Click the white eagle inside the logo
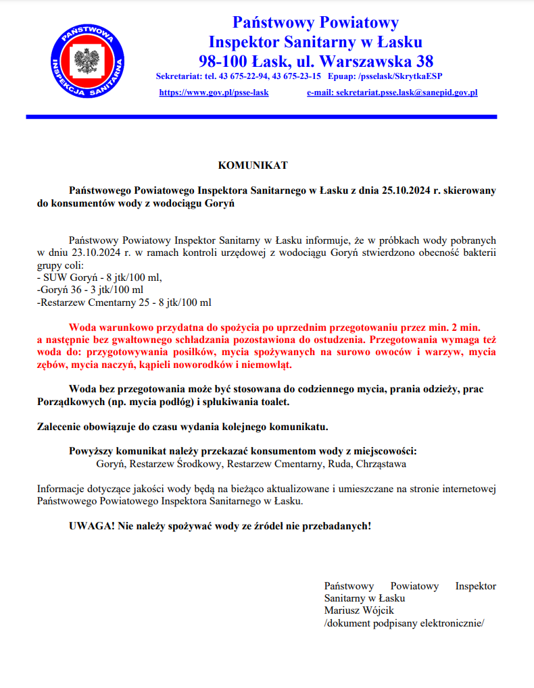[87, 63]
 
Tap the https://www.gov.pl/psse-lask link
[214, 92]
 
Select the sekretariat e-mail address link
[392, 92]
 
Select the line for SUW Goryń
[99, 277]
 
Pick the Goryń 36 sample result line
[90, 290]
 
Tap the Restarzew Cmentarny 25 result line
[124, 302]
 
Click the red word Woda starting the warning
[82, 327]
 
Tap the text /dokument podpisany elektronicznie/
[404, 623]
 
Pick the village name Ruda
[340, 464]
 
